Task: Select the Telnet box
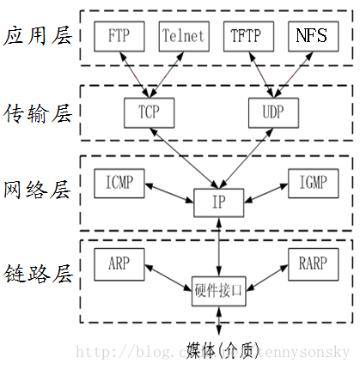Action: pos(183,35)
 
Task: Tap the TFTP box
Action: pos(249,35)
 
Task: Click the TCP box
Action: pos(148,111)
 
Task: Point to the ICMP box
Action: pos(119,182)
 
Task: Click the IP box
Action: pos(220,203)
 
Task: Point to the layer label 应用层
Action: pos(36,36)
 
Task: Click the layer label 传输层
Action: pos(36,112)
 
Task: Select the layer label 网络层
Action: pos(36,188)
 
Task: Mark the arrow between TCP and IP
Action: pos(182,158)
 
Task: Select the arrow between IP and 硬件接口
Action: pos(221,247)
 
